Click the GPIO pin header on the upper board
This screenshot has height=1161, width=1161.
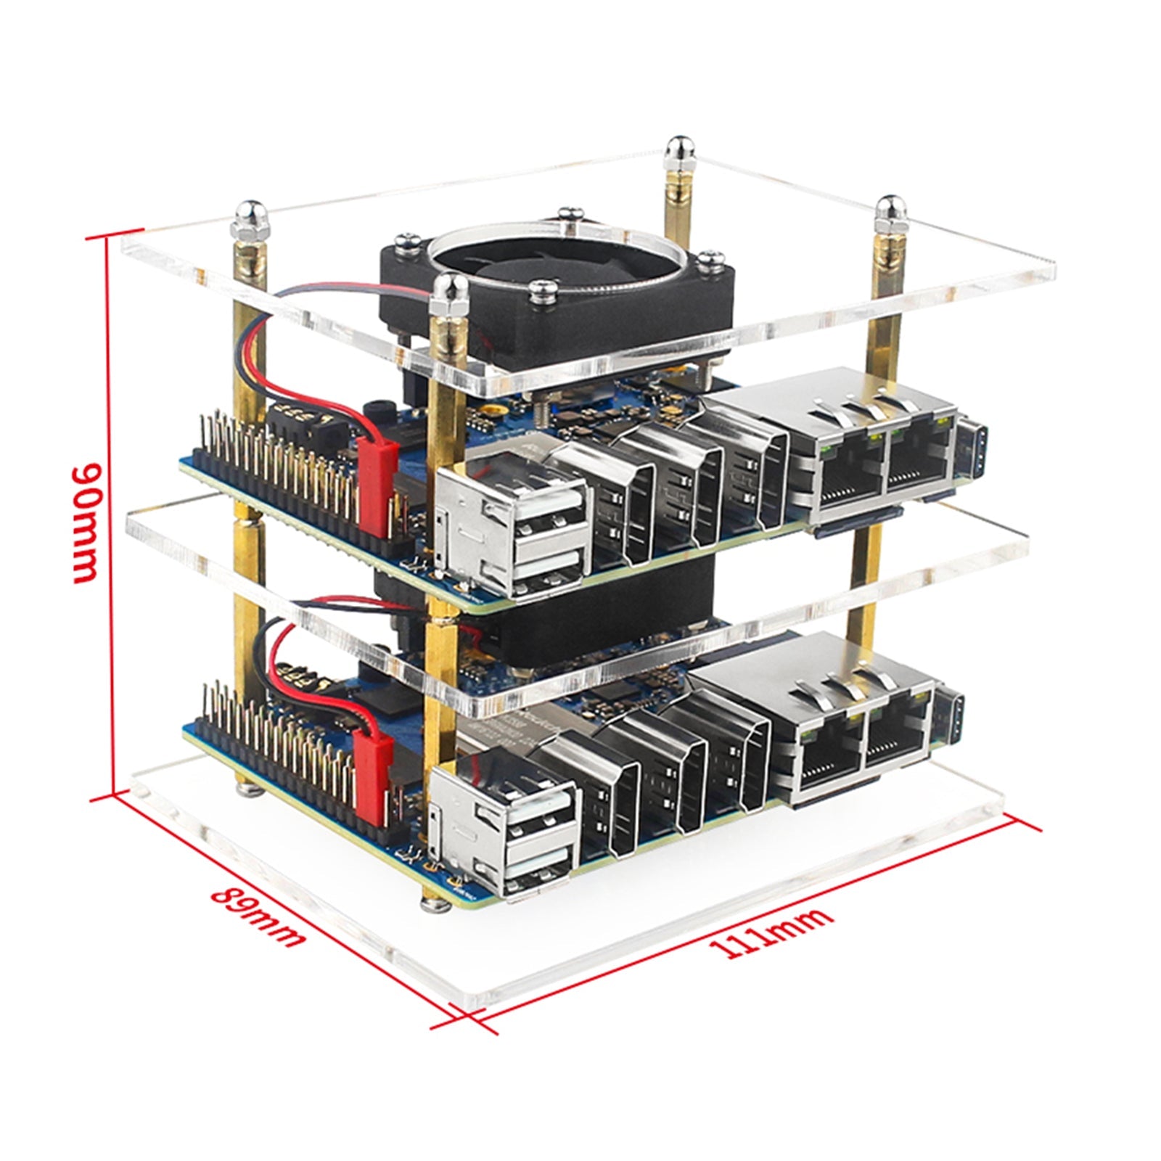coord(290,472)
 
